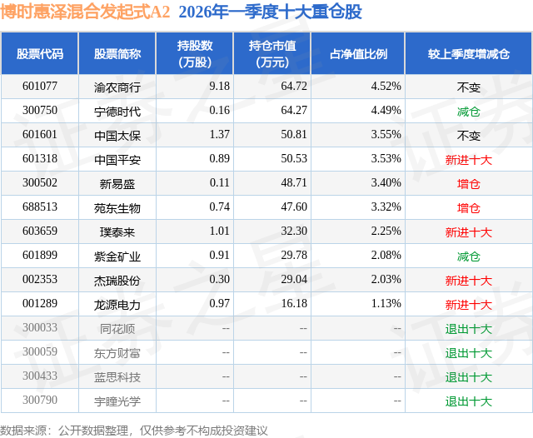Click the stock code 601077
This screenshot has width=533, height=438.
coord(40,87)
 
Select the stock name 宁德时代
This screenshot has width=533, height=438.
coord(117,111)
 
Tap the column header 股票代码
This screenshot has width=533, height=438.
coord(40,54)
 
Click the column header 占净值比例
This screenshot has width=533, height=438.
coord(358,54)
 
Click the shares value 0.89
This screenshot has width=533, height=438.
coord(197,159)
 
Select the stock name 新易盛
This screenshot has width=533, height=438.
coord(117,183)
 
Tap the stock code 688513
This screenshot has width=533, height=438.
coord(40,207)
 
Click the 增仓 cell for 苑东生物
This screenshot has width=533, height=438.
coord(469,207)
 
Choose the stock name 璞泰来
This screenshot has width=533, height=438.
coord(117,232)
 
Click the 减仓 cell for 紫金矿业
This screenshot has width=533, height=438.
coord(469,256)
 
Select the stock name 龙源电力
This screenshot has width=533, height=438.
coord(117,305)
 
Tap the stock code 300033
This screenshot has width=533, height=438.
coord(40,329)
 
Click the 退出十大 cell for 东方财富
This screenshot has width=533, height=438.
coord(469,353)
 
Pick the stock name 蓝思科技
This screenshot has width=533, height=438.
coord(117,377)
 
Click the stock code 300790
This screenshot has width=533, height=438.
coord(40,401)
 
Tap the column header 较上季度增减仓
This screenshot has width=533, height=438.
coord(469,54)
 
